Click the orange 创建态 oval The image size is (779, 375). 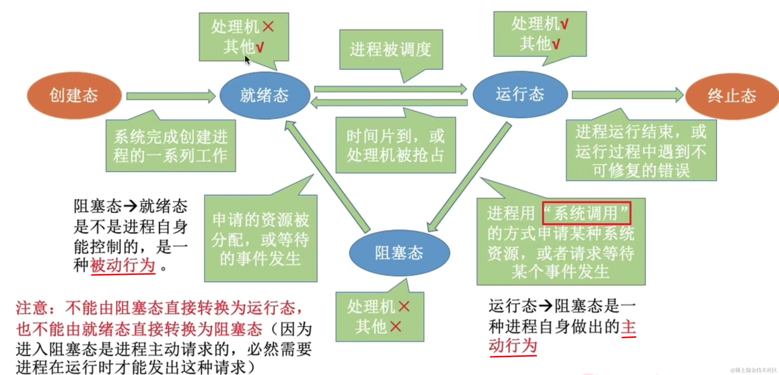[x=74, y=96]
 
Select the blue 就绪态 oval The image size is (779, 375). [x=265, y=96]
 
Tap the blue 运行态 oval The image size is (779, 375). [x=520, y=94]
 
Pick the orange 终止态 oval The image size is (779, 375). [x=732, y=96]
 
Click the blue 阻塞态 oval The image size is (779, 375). [x=399, y=253]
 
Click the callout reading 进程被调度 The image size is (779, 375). [x=391, y=50]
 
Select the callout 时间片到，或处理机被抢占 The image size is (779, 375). [x=395, y=146]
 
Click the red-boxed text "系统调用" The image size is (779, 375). [x=586, y=213]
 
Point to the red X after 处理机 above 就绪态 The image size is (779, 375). [x=268, y=27]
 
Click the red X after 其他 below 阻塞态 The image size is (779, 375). [x=396, y=327]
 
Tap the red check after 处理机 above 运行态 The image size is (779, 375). [x=564, y=24]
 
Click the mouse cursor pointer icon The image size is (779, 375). [x=247, y=60]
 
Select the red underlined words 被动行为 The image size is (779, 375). [x=123, y=266]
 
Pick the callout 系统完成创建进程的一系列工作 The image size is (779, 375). [x=170, y=146]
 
